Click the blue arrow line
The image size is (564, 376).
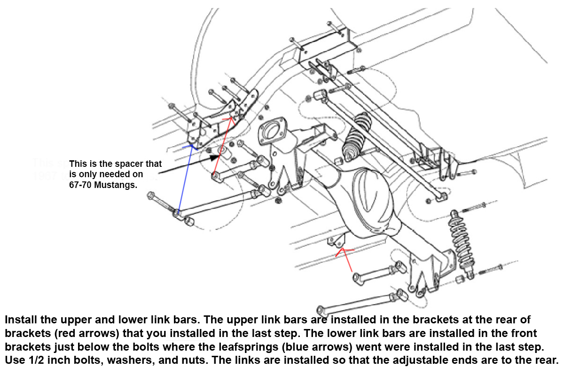click(184, 179)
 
